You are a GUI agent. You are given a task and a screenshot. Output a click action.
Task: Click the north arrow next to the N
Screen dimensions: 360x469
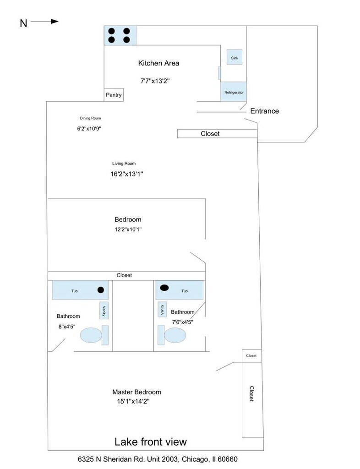pyautogui.click(x=44, y=21)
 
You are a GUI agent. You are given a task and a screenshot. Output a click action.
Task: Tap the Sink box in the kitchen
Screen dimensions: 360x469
pyautogui.click(x=235, y=57)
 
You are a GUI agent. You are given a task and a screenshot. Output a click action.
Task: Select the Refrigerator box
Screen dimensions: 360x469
pyautogui.click(x=234, y=92)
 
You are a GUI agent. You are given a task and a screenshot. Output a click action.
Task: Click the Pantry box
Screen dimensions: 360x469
pyautogui.click(x=114, y=95)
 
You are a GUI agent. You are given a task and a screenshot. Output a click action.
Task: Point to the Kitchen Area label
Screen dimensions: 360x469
pyautogui.click(x=158, y=63)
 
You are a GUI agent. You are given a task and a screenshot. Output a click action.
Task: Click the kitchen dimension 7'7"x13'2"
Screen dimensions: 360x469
pyautogui.click(x=155, y=81)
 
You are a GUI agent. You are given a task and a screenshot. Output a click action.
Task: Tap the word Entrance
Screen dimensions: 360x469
pyautogui.click(x=265, y=111)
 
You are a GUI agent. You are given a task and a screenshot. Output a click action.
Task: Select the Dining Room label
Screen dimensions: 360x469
pyautogui.click(x=90, y=118)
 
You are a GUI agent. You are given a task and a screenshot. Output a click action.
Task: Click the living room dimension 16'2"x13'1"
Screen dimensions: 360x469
pyautogui.click(x=127, y=174)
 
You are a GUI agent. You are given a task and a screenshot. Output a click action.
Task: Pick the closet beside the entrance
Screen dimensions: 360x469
pyautogui.click(x=217, y=134)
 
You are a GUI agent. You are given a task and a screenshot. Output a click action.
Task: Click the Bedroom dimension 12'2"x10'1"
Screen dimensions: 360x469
pyautogui.click(x=128, y=229)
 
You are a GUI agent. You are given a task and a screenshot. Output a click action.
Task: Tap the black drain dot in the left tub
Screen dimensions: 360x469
pyautogui.click(x=101, y=289)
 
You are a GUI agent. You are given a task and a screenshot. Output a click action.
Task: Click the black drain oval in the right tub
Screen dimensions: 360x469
pyautogui.click(x=164, y=288)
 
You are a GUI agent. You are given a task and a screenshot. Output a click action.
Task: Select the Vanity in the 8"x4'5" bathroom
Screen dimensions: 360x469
pyautogui.click(x=104, y=311)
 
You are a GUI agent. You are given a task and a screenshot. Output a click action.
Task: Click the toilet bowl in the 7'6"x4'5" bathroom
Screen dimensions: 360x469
pyautogui.click(x=175, y=335)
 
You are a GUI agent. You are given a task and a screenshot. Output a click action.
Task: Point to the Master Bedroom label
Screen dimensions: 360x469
pyautogui.click(x=136, y=392)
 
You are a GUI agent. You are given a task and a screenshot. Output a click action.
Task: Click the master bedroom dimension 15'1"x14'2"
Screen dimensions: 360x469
pyautogui.click(x=133, y=401)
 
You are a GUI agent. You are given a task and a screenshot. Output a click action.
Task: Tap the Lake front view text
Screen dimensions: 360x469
pyautogui.click(x=151, y=442)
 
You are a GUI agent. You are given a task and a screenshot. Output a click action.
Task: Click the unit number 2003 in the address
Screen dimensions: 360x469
pyautogui.click(x=170, y=459)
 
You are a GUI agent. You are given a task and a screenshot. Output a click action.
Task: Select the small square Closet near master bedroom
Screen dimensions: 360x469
pyautogui.click(x=252, y=355)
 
